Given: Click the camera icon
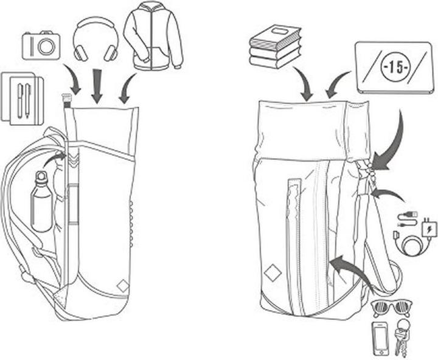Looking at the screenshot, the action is [x=41, y=45].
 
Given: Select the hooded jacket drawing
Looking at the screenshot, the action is [x=153, y=35].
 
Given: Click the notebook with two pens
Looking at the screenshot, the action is [x=23, y=99].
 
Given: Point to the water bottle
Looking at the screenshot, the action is [x=41, y=202].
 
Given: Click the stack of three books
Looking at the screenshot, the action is [x=275, y=47].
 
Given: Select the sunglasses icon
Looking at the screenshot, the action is [x=392, y=308].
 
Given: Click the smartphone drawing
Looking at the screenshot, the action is [x=380, y=339].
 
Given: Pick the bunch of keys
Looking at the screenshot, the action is [x=401, y=336].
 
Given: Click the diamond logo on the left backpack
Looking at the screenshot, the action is [x=123, y=286].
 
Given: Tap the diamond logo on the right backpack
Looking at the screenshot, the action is [x=271, y=272].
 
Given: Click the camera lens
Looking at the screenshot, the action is [x=46, y=46].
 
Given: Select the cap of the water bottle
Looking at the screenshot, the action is [x=41, y=176].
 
